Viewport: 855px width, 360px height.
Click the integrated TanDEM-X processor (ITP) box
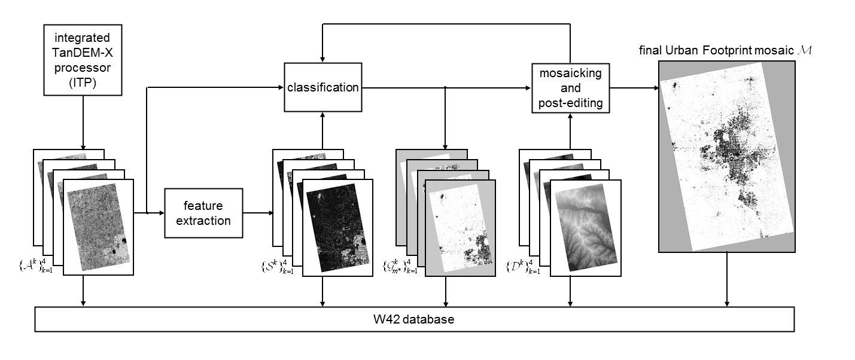point(83,60)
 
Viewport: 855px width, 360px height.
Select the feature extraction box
point(204,213)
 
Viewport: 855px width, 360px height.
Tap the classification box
point(322,88)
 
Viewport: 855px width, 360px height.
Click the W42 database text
point(415,319)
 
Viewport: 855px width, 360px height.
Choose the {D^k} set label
point(527,264)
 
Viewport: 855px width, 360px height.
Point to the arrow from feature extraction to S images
point(258,213)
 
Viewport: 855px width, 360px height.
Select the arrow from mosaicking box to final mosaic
point(634,88)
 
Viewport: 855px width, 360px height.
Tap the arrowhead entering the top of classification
point(322,59)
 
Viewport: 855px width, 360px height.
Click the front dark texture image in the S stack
point(337,227)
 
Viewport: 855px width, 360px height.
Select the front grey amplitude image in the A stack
point(98,227)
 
